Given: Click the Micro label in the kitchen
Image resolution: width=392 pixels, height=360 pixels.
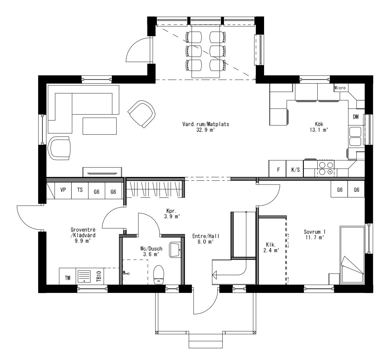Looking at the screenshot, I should pyautogui.click(x=340, y=88).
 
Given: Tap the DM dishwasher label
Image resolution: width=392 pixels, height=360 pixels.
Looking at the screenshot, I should pyautogui.click(x=355, y=117).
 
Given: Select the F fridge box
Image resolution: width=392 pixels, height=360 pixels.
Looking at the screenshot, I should pyautogui.click(x=278, y=170).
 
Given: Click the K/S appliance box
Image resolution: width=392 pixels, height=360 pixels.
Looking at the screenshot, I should pyautogui.click(x=295, y=170).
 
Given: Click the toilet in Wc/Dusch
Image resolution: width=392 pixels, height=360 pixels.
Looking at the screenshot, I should pyautogui.click(x=159, y=274).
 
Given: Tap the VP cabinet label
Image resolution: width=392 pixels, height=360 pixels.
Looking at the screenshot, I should pyautogui.click(x=63, y=190).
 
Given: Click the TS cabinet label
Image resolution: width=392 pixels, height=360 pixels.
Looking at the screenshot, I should pyautogui.click(x=80, y=190).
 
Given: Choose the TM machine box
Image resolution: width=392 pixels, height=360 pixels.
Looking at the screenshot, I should pyautogui.click(x=68, y=278).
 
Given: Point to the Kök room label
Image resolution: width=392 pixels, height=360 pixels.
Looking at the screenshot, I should pyautogui.click(x=319, y=124).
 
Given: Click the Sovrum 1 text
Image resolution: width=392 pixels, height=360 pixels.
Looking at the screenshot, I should pyautogui.click(x=314, y=231).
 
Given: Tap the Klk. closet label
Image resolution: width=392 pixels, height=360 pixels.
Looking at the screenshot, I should pyautogui.click(x=270, y=245).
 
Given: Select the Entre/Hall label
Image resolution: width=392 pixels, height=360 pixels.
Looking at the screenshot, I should pyautogui.click(x=206, y=236).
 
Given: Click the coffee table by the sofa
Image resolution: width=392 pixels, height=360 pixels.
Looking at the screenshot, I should pyautogui.click(x=100, y=126).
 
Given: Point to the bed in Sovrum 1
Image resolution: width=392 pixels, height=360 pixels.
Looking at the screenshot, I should pyautogui.click(x=352, y=255).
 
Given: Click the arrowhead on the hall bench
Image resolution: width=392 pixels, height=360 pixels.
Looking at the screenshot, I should pyautogui.click(x=214, y=273).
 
